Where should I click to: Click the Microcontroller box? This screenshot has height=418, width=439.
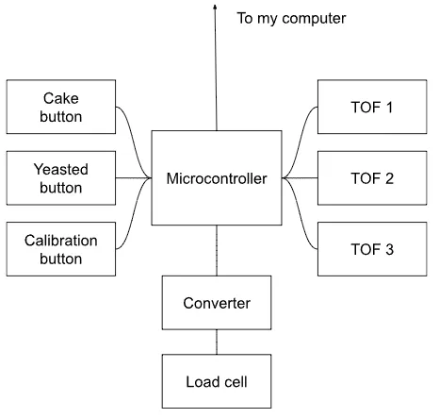click(x=217, y=178)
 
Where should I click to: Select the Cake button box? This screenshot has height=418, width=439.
click(x=61, y=107)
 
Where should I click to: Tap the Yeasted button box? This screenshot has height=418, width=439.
click(x=61, y=178)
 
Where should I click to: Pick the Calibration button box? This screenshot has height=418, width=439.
click(x=61, y=249)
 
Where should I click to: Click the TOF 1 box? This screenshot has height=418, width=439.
click(x=372, y=107)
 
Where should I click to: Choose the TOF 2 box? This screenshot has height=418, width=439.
click(x=372, y=178)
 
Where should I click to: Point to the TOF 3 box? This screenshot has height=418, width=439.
click(x=372, y=249)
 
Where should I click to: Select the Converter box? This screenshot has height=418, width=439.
click(x=217, y=303)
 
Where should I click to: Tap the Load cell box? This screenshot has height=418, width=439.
click(x=217, y=381)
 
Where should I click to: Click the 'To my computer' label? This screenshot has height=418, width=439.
click(x=291, y=19)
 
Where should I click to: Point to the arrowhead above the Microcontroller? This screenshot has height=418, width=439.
click(x=215, y=7)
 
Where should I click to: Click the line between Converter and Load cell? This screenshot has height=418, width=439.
click(x=217, y=342)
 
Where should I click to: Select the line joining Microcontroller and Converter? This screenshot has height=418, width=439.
click(x=217, y=250)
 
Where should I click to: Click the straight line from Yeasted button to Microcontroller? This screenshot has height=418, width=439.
click(x=134, y=178)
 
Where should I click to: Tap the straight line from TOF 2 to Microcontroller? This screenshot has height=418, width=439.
click(x=300, y=178)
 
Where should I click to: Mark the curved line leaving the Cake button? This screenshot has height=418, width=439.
click(x=134, y=142)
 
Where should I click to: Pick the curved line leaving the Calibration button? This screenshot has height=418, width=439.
click(x=134, y=213)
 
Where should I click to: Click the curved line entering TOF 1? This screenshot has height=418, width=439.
click(x=300, y=142)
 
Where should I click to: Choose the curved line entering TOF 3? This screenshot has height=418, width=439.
click(x=300, y=213)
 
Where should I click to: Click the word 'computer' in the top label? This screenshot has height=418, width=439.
click(x=314, y=19)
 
